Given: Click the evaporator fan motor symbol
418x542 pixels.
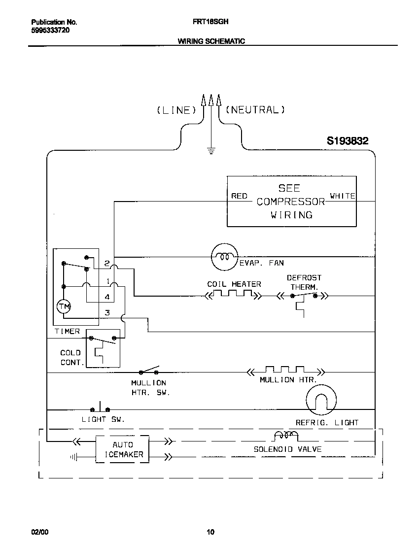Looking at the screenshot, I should (224, 257).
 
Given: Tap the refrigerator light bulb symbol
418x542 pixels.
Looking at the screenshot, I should (321, 400).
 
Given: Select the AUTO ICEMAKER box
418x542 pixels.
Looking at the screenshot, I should (122, 449).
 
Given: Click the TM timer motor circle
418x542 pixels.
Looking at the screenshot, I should (64, 306).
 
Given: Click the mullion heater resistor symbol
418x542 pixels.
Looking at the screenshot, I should (285, 371).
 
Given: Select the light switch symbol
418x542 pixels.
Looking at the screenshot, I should (101, 408).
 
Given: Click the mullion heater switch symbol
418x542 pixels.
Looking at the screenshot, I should (150, 371).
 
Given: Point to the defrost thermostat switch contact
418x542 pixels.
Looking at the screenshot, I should (305, 295).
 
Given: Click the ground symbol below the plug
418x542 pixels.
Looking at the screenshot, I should (211, 151).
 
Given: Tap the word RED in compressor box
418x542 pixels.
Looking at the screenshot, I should (240, 196).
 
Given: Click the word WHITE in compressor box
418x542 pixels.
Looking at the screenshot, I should (342, 196).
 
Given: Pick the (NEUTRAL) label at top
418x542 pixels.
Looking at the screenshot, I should (255, 110).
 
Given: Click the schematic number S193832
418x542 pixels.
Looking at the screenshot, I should (348, 141).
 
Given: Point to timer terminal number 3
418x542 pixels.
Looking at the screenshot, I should (107, 313).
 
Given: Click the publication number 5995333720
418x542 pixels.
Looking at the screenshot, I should (50, 30).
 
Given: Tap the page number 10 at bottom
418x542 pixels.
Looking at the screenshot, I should (210, 532).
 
